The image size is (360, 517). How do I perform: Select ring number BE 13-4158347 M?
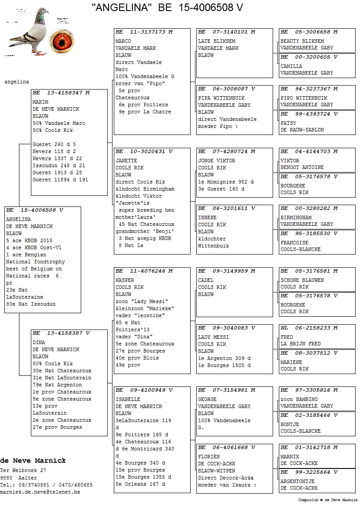61,93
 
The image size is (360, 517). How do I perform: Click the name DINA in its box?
39,342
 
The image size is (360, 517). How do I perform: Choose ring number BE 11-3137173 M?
144,32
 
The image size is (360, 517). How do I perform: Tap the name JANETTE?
126,161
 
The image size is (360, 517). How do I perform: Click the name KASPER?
125,280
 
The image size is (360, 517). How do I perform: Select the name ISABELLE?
128,399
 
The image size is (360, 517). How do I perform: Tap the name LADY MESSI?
214,337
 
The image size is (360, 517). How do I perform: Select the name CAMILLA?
292,66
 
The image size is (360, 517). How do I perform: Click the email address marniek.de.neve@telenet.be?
40,492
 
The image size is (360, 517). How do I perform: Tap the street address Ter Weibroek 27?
23,471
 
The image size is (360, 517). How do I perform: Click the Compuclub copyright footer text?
328,500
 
